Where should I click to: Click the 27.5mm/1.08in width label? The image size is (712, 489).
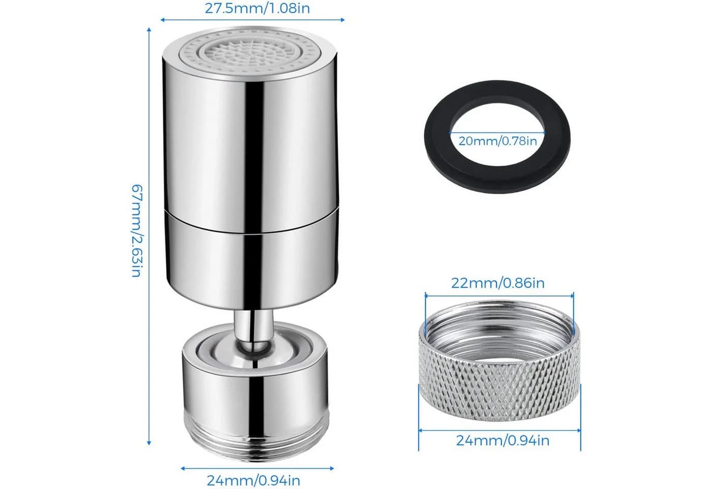coord(257,9)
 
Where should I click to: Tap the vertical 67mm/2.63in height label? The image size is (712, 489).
coord(137,230)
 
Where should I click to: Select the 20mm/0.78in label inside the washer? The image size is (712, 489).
coord(497,141)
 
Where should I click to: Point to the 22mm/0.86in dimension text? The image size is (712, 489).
coord(498,283)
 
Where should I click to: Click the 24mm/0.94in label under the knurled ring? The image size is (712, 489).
coord(502,441)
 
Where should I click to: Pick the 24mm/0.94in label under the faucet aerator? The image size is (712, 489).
coord(253,480)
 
